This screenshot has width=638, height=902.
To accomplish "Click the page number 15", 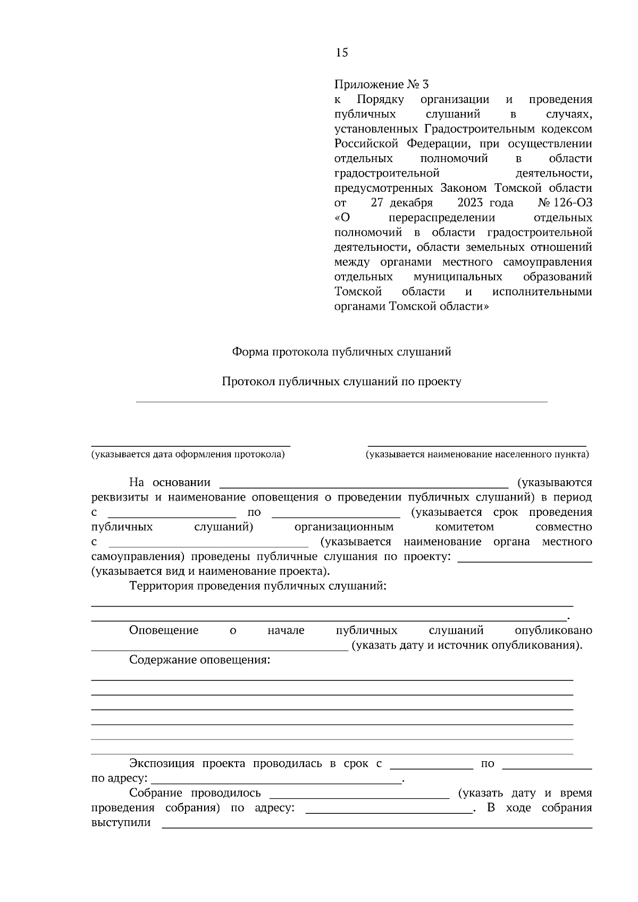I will [341, 52].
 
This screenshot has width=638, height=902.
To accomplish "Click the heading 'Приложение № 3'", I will [381, 84].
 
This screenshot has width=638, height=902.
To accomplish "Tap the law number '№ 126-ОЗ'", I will [565, 203].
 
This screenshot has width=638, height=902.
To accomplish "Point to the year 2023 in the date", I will [469, 203].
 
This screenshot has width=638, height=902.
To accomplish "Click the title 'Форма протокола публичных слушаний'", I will [341, 352].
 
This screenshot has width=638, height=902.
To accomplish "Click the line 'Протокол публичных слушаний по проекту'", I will [341, 381].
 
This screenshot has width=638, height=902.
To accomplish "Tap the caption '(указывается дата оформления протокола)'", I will [188, 454].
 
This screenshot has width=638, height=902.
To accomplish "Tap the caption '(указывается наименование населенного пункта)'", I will [477, 454].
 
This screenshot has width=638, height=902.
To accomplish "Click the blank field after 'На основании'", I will [364, 483].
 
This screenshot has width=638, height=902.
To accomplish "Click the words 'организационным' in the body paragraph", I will [344, 527].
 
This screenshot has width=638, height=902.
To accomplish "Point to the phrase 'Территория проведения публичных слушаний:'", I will [257, 586].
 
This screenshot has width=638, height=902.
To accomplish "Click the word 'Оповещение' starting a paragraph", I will [164, 631].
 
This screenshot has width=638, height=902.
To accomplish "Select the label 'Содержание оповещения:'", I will [199, 660].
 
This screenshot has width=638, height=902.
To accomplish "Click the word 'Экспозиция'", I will [162, 764].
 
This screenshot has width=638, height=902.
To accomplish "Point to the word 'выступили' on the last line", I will [121, 823].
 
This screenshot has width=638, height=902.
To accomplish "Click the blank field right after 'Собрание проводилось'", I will [359, 794].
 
